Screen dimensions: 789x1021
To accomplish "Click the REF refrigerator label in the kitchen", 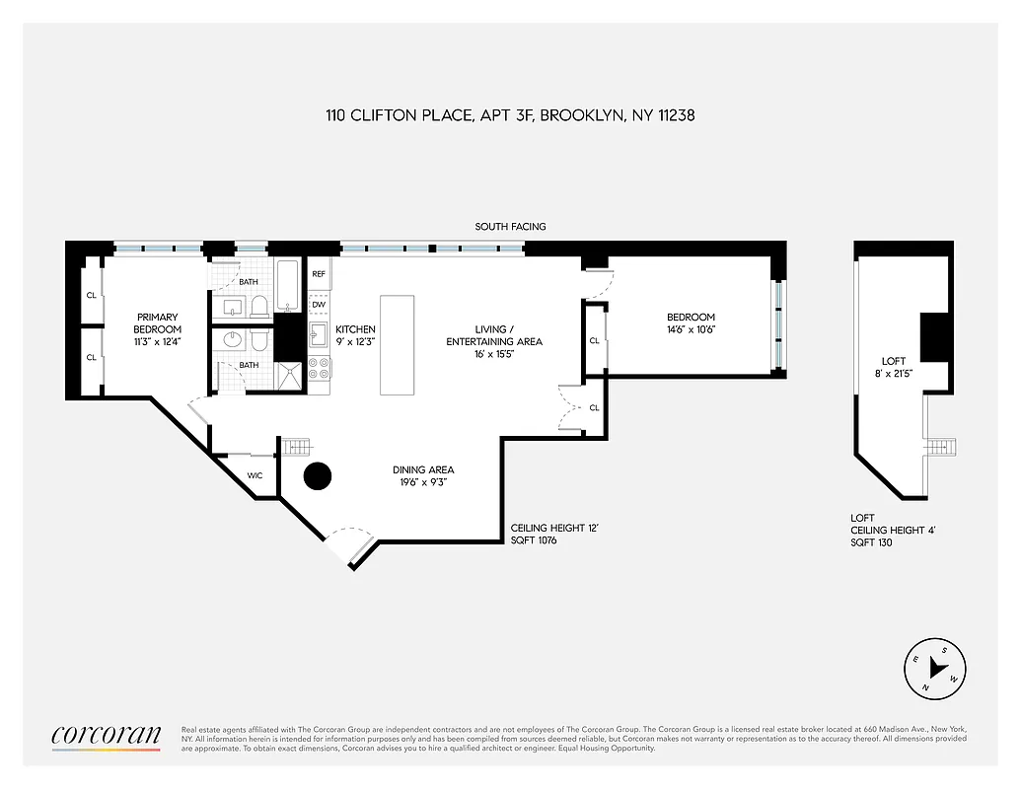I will pos(319,274).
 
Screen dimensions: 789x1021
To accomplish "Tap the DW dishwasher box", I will pos(319,305).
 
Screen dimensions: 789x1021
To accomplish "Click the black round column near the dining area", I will pos(317,476).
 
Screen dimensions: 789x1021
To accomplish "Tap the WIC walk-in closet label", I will pos(255,475).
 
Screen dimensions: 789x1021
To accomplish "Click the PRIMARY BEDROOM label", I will pos(158,323).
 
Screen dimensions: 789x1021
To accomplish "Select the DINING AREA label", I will pos(423,470).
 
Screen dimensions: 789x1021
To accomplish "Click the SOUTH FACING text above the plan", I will pos(510,227).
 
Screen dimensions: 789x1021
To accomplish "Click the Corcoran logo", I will pos(106,735).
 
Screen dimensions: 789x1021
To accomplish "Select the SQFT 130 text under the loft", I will pos(872,542).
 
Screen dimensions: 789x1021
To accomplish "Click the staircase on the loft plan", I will pos(941,447).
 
